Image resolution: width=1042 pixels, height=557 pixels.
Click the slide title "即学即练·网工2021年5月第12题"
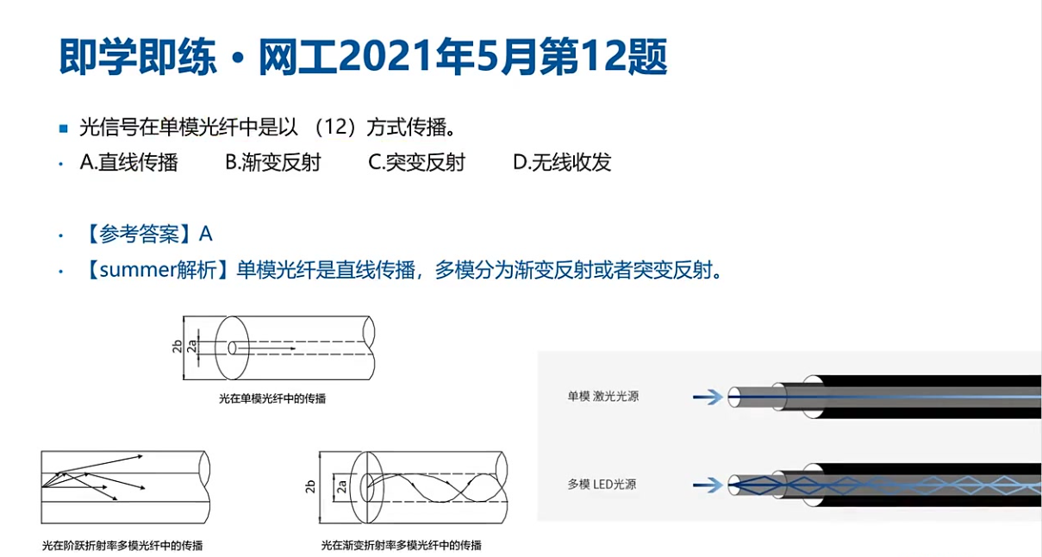click(364, 57)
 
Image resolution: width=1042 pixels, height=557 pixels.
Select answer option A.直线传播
click(129, 162)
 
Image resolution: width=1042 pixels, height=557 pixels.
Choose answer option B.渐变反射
click(273, 162)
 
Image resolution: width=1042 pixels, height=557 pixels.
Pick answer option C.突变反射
click(417, 162)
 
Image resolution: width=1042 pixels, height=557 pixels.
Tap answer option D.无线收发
click(562, 162)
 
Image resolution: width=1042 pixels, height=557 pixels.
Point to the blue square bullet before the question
click(64, 128)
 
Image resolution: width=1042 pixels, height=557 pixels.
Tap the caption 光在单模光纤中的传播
click(272, 398)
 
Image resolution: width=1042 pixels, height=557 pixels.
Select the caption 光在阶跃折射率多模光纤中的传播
click(122, 546)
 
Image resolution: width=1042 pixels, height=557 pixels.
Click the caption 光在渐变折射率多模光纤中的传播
click(402, 545)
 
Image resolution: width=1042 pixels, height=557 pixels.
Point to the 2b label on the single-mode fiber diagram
click(178, 347)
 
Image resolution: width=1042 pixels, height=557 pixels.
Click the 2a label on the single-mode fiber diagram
click(191, 347)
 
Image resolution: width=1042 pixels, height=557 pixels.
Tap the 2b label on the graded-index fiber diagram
click(310, 487)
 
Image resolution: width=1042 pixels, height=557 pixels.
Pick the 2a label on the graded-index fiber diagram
click(342, 487)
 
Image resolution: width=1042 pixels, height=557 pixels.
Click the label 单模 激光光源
click(602, 397)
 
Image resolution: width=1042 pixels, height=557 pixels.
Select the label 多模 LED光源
click(602, 485)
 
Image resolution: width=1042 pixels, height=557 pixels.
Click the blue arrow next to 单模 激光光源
click(708, 397)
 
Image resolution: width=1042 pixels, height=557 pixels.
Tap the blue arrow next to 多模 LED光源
click(708, 485)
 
